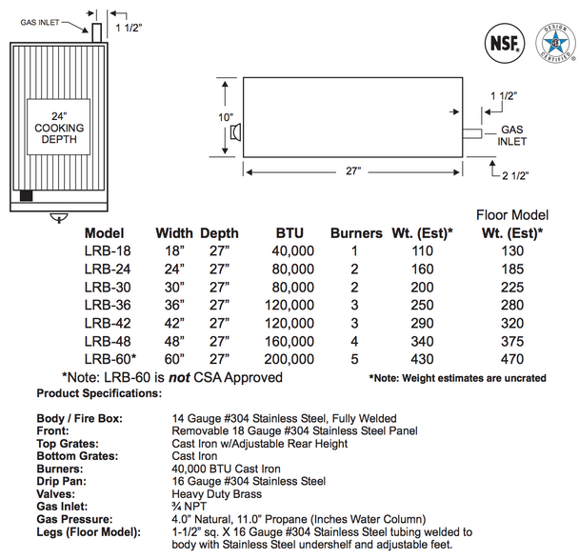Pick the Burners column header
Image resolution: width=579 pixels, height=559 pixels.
pos(355,232)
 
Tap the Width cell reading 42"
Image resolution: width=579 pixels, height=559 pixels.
pos(173,323)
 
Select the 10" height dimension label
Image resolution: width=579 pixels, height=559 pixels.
pos(225,117)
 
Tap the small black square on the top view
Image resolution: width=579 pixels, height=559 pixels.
pos(27,196)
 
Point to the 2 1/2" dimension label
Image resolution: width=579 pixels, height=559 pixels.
pos(513,175)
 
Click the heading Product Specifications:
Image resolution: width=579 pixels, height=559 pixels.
pos(99,393)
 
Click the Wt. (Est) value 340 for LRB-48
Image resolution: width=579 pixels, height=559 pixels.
pos(422,341)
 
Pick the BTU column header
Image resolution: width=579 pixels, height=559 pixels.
pos(291,232)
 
